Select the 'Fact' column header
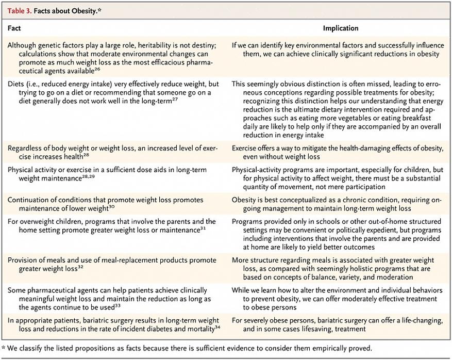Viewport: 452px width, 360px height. point(14,28)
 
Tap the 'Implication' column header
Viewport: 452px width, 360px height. point(341,28)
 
